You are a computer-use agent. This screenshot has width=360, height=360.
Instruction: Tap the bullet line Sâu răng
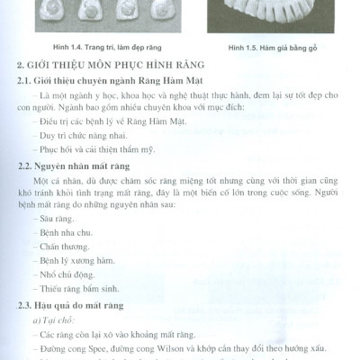tap(61, 218)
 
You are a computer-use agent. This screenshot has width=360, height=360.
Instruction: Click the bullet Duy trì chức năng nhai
tap(84, 135)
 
